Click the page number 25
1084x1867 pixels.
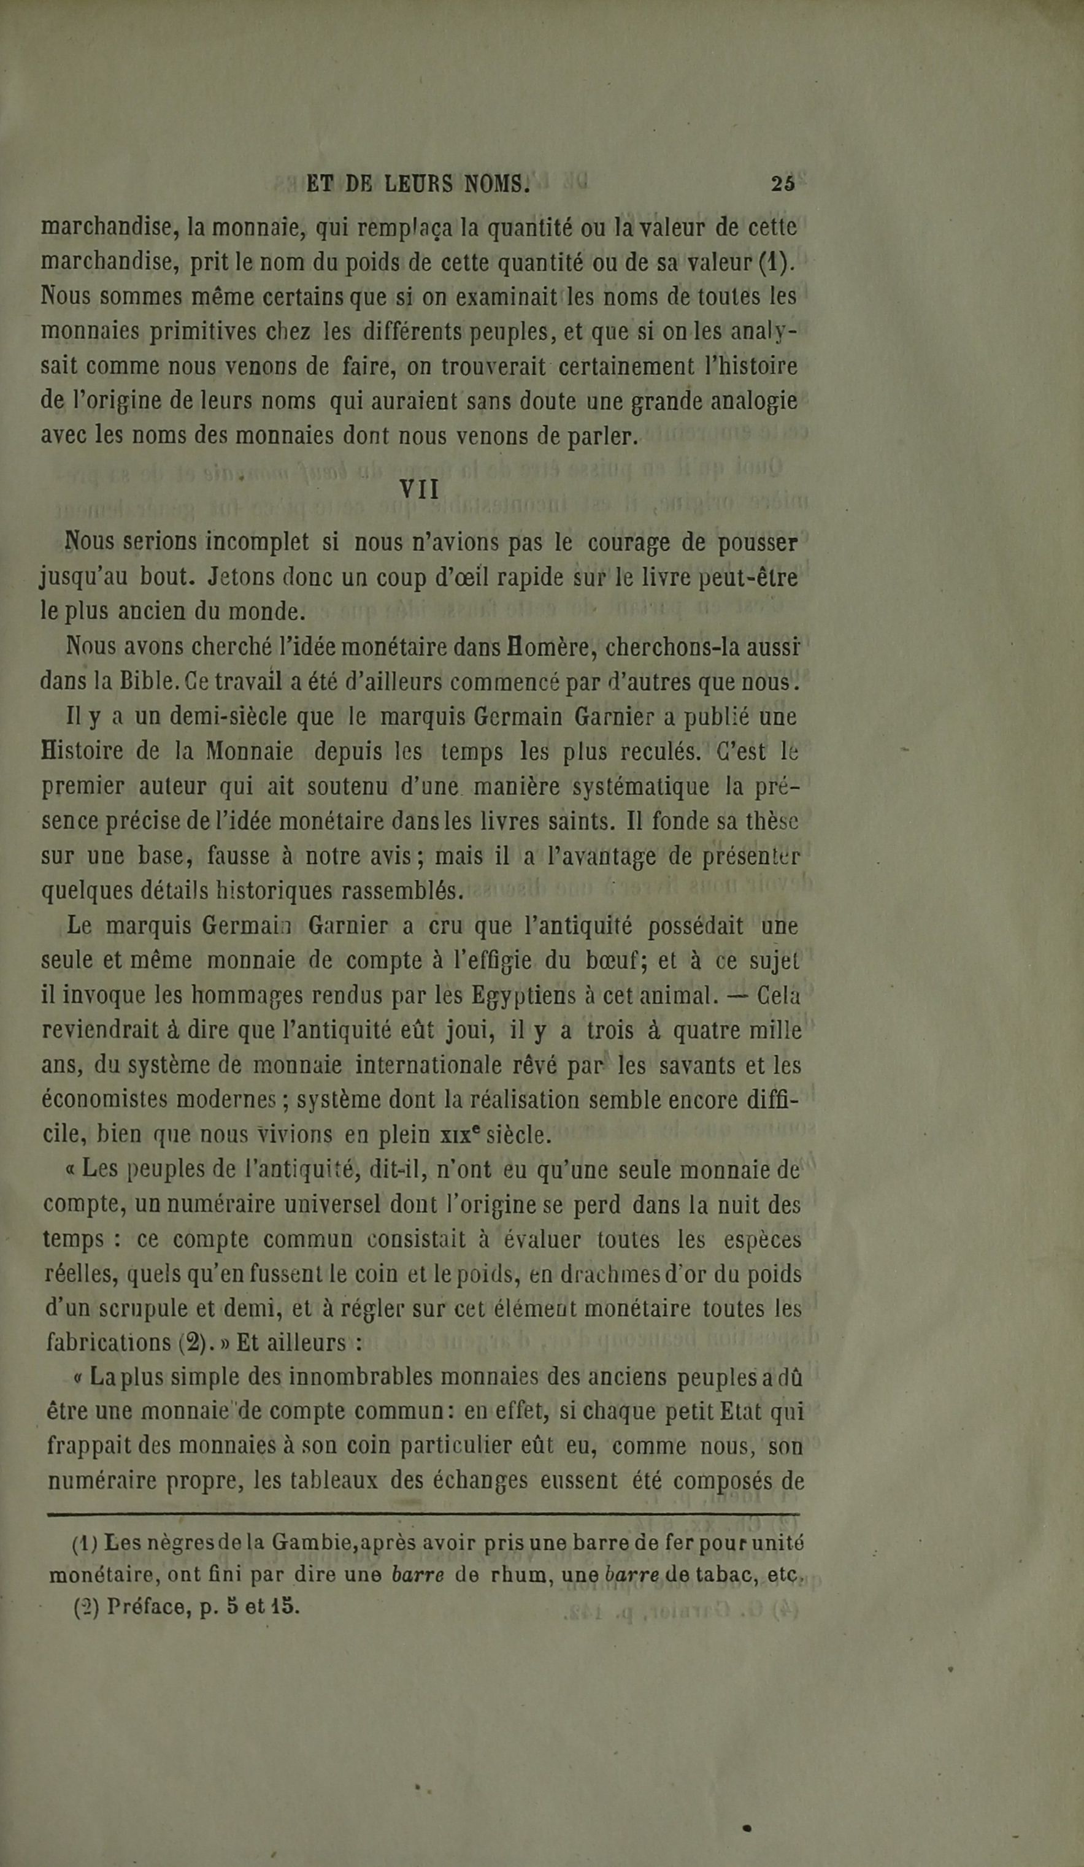click(782, 184)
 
